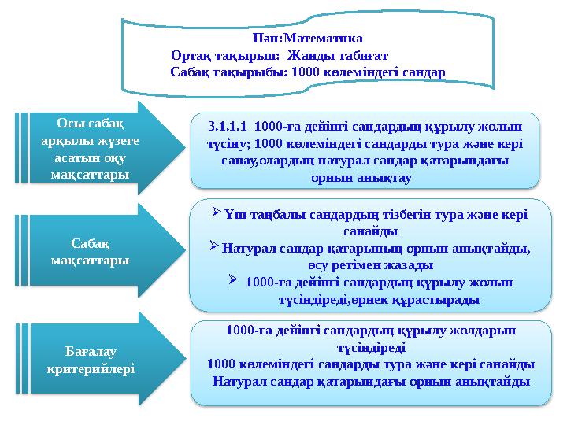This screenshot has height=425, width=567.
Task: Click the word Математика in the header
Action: (x=324, y=39)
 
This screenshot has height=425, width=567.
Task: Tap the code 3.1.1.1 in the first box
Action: (x=227, y=126)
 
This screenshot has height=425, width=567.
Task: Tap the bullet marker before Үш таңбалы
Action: (x=216, y=212)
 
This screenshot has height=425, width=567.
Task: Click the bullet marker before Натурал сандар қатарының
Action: (x=213, y=246)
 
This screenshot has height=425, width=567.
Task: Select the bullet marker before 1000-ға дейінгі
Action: (x=233, y=279)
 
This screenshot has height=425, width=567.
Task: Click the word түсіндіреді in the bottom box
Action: (x=372, y=348)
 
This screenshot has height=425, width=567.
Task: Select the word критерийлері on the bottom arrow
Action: (x=91, y=368)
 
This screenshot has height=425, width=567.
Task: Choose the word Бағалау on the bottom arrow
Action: (x=91, y=352)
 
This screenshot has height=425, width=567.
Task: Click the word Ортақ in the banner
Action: (x=191, y=56)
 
